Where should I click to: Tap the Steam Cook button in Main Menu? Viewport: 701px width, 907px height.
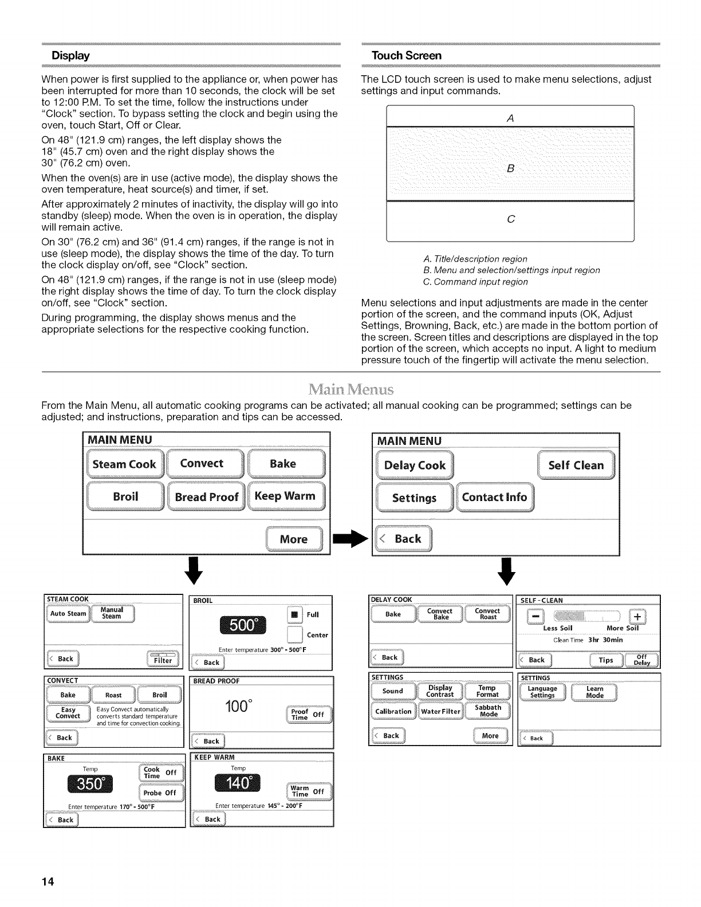tap(124, 464)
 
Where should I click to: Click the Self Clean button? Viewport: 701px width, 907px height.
tap(576, 466)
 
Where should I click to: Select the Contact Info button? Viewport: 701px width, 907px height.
tap(494, 497)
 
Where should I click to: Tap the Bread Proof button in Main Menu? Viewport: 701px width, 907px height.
tap(206, 497)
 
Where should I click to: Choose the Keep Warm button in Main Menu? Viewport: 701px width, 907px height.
tap(285, 496)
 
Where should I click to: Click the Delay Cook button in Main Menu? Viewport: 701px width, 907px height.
tap(415, 466)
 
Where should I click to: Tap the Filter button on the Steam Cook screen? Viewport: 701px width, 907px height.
tap(163, 660)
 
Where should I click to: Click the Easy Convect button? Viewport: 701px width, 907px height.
tap(68, 713)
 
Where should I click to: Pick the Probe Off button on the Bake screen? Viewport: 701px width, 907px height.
tap(160, 793)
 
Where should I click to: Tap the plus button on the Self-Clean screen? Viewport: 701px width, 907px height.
tap(638, 616)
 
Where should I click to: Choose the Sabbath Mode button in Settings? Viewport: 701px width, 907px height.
tap(489, 711)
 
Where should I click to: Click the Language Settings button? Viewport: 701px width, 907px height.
tap(542, 692)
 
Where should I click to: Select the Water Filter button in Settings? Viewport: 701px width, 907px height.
tap(441, 712)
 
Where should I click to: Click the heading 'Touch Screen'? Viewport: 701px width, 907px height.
tap(407, 56)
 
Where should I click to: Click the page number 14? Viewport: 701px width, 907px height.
tap(48, 882)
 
